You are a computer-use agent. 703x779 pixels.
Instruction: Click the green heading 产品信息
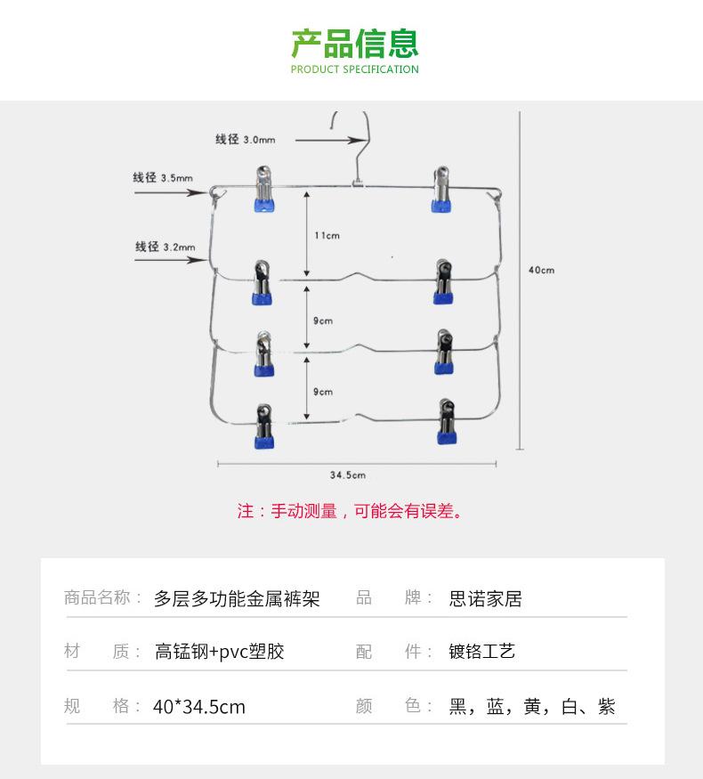coord(355,42)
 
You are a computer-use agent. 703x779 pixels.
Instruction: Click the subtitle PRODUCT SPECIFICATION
coord(355,69)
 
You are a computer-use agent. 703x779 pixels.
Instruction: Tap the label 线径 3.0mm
coord(245,139)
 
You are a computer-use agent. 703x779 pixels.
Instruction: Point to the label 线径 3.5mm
coord(163,178)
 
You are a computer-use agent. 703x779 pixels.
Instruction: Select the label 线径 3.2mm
coord(165,247)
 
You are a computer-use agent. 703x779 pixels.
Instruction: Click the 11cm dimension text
coord(327,235)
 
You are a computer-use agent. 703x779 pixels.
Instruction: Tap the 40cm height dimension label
coord(541,269)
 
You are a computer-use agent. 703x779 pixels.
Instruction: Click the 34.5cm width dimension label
coord(348,475)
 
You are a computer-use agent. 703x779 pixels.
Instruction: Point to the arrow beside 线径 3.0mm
coord(326,140)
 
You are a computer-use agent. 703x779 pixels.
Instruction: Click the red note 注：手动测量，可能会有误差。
coord(350,511)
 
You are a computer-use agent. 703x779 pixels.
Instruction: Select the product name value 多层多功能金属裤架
coord(237,598)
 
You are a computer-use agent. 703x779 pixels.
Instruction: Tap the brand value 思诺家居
coord(486,598)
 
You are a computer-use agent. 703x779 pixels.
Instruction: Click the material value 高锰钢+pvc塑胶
coord(220,652)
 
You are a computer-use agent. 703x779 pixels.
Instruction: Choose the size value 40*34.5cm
coord(199,707)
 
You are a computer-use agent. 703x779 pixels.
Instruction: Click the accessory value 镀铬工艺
coord(482,652)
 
